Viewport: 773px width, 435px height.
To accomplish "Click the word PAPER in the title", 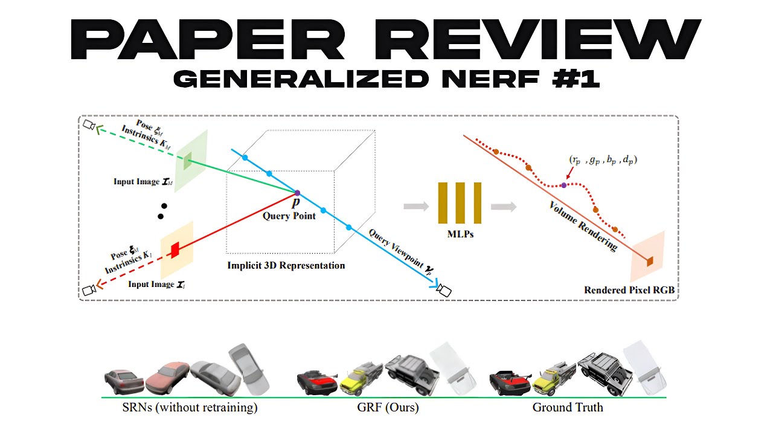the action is tap(208, 39).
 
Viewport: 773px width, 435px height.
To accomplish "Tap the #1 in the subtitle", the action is tap(576, 79).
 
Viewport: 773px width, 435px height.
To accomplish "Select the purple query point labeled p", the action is tap(297, 193).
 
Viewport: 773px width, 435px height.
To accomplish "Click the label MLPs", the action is tap(460, 234).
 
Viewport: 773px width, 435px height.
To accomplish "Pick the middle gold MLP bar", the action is tap(460, 203).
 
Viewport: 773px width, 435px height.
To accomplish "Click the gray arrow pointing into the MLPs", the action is tap(416, 207).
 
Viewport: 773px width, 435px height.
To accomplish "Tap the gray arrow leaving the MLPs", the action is tap(504, 207).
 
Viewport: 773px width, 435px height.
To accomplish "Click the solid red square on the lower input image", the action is tap(175, 250).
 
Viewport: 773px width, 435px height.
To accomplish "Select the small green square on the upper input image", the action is tap(187, 161).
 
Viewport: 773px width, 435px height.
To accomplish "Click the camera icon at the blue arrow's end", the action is tap(444, 290).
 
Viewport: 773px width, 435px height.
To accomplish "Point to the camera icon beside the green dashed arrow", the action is tap(89, 124).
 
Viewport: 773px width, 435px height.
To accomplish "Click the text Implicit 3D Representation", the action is tap(286, 265).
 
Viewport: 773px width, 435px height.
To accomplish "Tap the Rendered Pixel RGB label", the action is tap(629, 290).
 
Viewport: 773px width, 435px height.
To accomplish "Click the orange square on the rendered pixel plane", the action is tap(649, 262).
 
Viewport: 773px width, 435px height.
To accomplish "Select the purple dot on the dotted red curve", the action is tap(564, 185).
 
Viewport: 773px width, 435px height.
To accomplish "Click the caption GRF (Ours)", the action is tap(388, 407).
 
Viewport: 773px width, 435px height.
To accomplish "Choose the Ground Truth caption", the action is tap(568, 407).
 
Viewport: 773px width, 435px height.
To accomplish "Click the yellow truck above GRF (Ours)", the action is tap(361, 379).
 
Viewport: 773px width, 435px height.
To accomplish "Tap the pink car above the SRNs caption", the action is tap(168, 378).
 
